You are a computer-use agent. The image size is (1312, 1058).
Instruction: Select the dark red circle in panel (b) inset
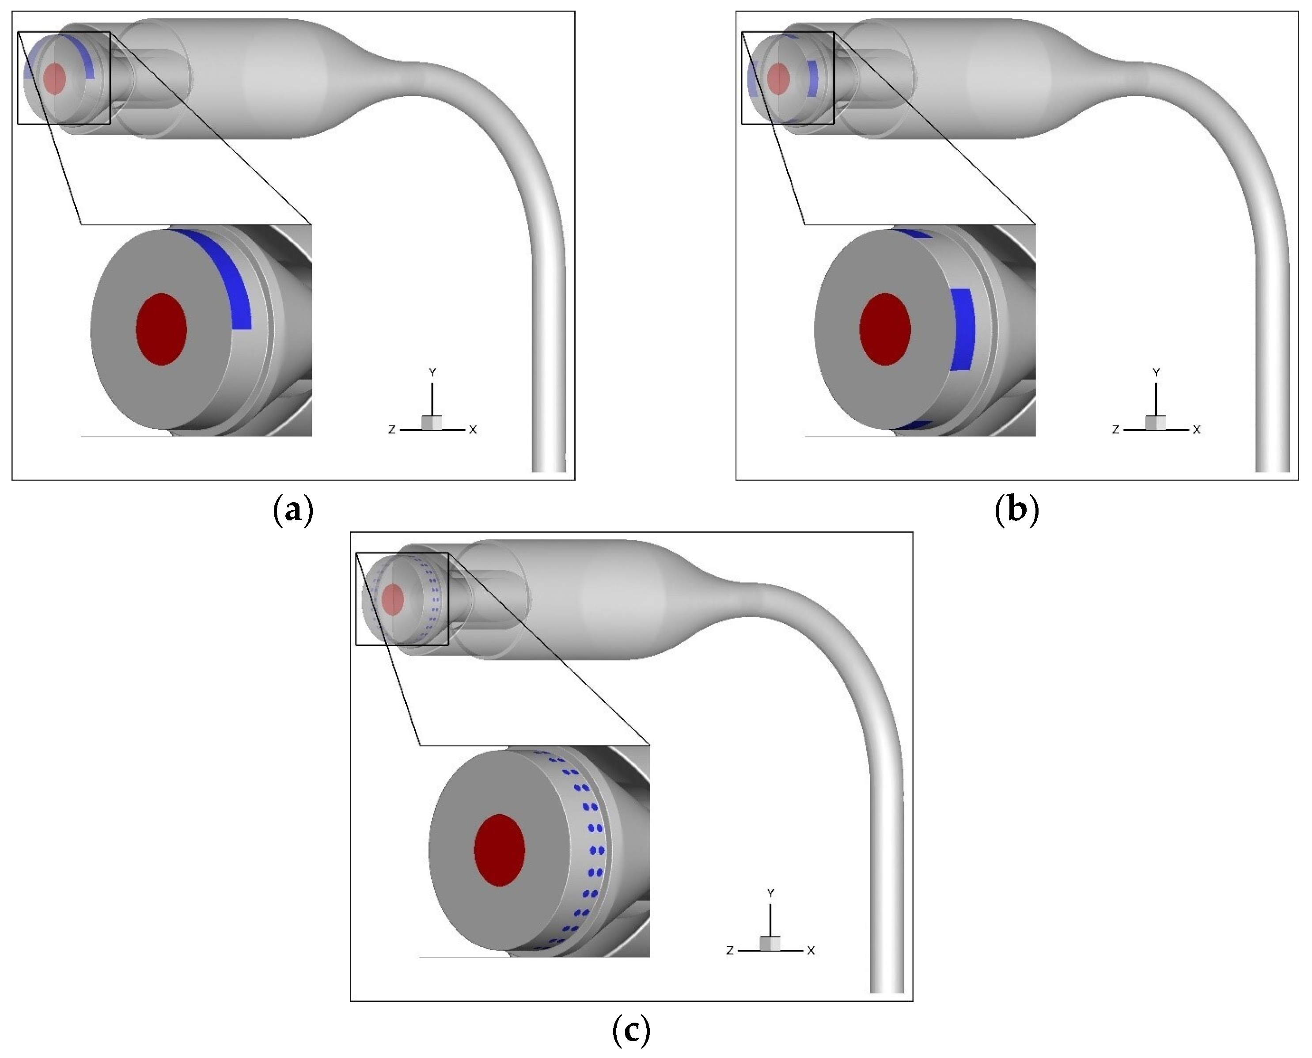tap(885, 329)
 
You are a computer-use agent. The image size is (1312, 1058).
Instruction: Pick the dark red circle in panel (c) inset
tap(500, 850)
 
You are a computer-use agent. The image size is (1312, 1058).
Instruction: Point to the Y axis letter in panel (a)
tap(432, 372)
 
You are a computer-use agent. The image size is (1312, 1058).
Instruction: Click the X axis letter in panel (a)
tap(473, 430)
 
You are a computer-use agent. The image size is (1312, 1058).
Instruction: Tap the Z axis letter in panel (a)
tap(392, 430)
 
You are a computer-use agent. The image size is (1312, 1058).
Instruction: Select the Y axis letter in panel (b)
tap(1157, 372)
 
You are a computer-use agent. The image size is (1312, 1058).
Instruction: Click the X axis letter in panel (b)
tap(1197, 430)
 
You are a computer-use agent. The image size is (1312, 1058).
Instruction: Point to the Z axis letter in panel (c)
tap(730, 951)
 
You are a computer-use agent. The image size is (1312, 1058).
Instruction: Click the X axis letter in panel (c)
tap(811, 951)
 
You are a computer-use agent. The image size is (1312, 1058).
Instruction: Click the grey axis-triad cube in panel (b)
tap(1155, 423)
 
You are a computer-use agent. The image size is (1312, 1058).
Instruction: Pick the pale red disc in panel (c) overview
tap(393, 599)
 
